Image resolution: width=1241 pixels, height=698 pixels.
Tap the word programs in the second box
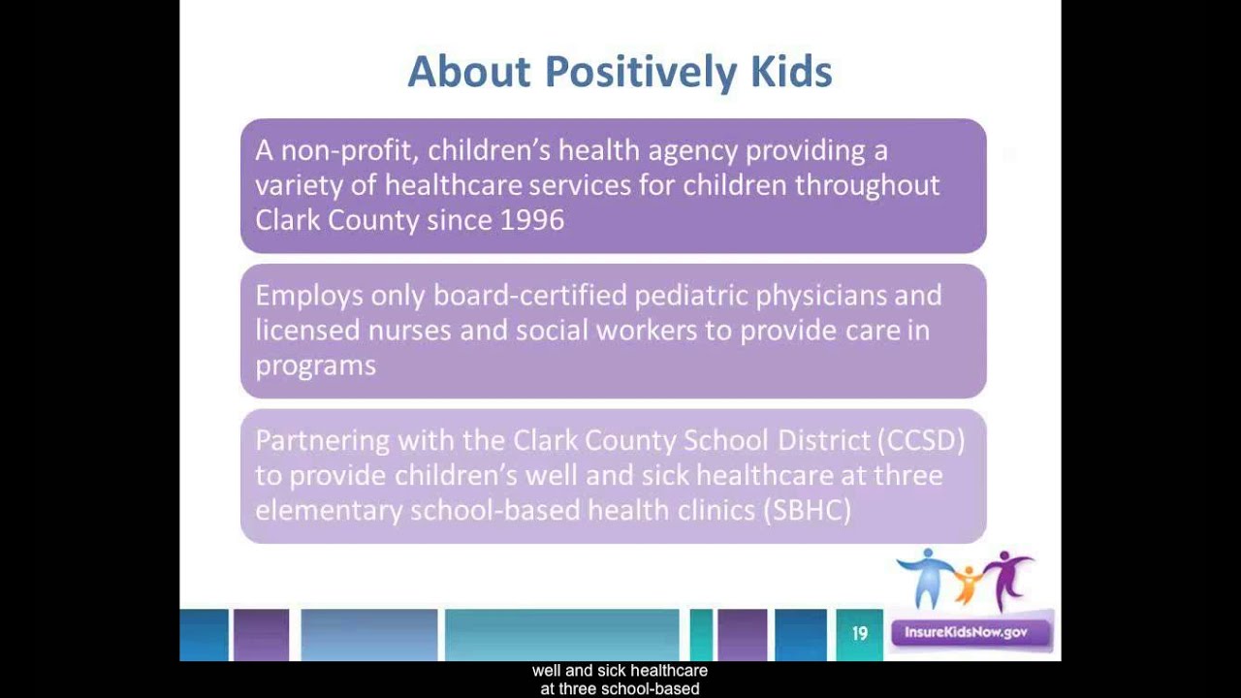point(315,365)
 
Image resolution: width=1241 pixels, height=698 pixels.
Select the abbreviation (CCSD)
point(920,440)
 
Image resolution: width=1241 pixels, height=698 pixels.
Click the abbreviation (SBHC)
point(807,510)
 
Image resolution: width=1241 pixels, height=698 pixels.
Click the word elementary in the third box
point(329,510)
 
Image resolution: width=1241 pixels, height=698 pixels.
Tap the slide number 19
point(859,634)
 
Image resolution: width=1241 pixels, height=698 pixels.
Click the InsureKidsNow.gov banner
point(966,633)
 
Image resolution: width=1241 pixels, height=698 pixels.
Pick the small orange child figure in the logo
point(967,585)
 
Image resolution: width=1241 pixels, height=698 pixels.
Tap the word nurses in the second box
point(409,331)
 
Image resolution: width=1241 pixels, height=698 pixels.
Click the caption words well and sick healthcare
point(620,670)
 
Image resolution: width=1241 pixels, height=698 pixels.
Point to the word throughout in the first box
point(868,185)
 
